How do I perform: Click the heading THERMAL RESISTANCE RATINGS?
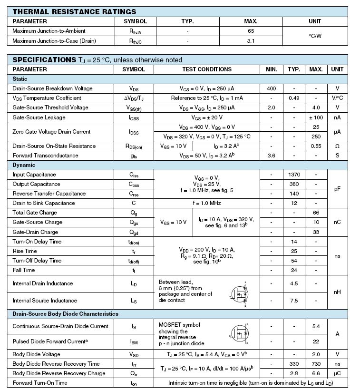click(x=74, y=11)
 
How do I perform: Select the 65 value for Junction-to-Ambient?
click(x=251, y=31)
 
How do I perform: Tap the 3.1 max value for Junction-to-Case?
click(x=251, y=41)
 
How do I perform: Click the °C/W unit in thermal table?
click(x=315, y=36)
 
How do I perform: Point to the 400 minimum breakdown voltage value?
click(x=271, y=88)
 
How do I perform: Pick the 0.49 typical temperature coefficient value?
click(x=294, y=98)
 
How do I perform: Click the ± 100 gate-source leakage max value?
click(x=316, y=117)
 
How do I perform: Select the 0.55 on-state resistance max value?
click(x=316, y=146)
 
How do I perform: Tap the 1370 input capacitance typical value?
click(x=294, y=175)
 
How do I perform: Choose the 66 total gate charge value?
click(x=316, y=213)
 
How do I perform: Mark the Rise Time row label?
click(x=25, y=251)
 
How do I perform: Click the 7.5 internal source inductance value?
click(x=294, y=301)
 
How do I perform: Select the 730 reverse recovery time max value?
click(x=316, y=364)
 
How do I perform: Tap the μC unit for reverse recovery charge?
click(x=337, y=373)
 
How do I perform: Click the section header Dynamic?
click(x=24, y=165)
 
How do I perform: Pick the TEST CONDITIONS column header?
click(x=207, y=69)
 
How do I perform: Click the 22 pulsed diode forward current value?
click(x=316, y=341)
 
